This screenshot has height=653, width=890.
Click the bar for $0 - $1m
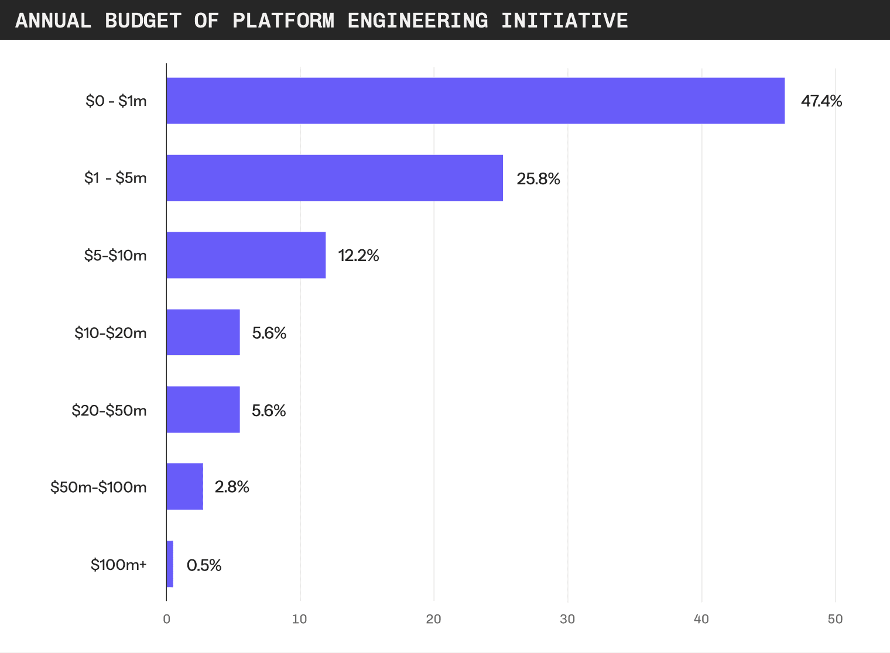475,101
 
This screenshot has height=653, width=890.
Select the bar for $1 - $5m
334,178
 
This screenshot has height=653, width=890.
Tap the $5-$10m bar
246,255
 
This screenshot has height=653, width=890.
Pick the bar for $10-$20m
203,332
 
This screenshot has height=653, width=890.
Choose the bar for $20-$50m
203,410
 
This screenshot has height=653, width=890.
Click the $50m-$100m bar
185,487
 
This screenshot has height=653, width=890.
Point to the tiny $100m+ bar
170,564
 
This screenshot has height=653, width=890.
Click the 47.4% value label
821,101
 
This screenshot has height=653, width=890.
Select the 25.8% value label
538,178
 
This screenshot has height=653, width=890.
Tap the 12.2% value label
358,256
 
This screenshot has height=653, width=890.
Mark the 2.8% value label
232,487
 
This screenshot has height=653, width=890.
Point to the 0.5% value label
204,565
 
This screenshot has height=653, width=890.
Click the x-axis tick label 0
167,619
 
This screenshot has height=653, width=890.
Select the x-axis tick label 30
567,619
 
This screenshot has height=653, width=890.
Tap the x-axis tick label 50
835,619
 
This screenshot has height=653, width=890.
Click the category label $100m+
118,565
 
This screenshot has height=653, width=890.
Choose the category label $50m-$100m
98,487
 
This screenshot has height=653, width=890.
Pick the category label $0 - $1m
116,101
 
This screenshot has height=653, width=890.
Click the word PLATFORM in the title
283,20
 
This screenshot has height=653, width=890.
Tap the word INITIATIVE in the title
564,20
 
